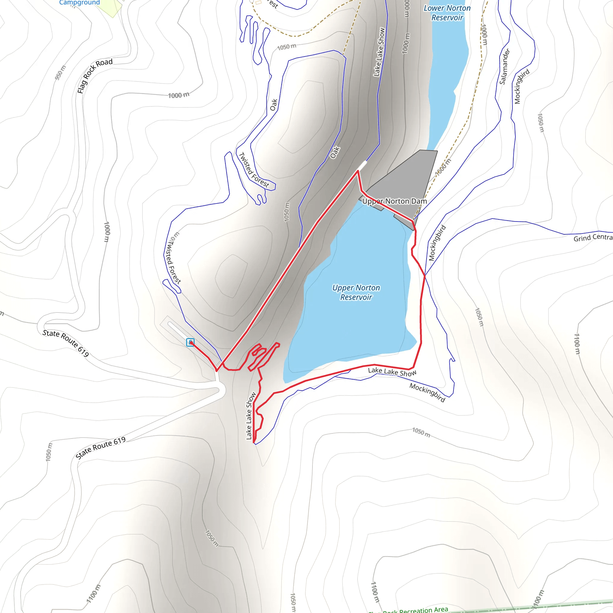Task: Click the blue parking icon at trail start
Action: pos(190,342)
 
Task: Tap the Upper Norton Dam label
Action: pos(394,201)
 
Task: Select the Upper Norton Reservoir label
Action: pos(356,292)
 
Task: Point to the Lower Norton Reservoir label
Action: pos(447,13)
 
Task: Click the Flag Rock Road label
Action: pos(95,75)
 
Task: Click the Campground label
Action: pos(79,2)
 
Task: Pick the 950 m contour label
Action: pos(60,72)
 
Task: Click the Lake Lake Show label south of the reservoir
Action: pos(392,372)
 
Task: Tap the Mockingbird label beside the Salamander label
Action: pos(522,86)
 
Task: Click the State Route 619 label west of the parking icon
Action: pos(66,343)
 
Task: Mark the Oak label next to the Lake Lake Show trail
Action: pos(335,152)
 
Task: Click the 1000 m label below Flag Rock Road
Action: pos(179,95)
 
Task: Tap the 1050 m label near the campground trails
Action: pos(286,47)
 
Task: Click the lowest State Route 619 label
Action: pos(101,448)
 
